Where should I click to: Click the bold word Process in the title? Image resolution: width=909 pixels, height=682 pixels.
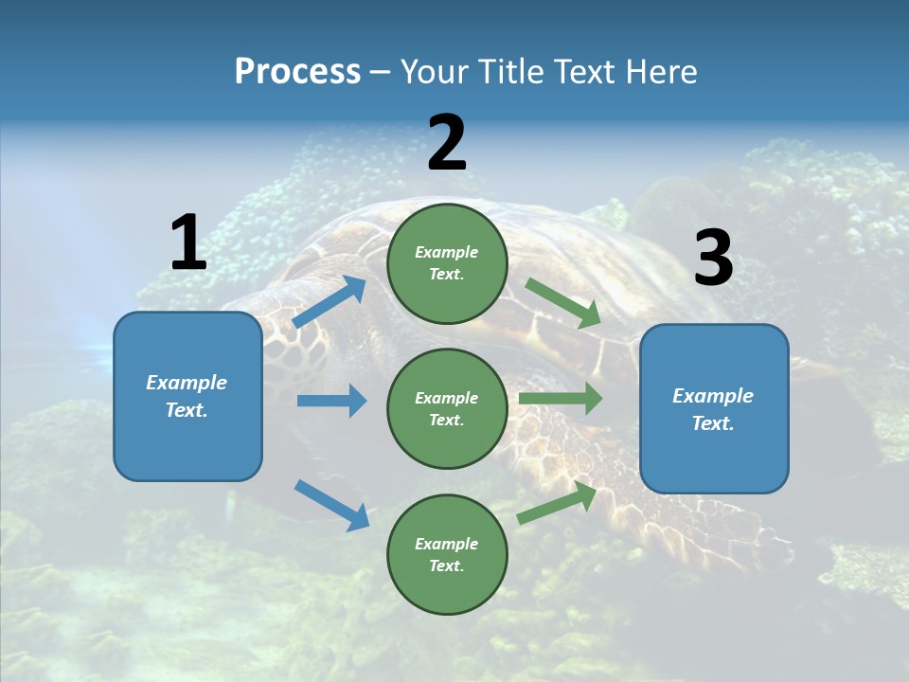297,72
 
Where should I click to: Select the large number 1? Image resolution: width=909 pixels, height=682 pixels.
187,243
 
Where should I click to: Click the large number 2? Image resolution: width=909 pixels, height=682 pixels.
446,143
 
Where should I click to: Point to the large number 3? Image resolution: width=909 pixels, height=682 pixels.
713,259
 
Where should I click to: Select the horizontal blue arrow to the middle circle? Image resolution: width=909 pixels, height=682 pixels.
331,401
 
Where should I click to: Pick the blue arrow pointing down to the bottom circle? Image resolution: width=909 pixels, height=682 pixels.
331,504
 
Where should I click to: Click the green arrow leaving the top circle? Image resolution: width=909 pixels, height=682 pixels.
563,303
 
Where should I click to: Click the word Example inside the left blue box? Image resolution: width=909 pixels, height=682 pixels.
187,383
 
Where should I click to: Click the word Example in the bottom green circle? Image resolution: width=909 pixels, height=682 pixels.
446,544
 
